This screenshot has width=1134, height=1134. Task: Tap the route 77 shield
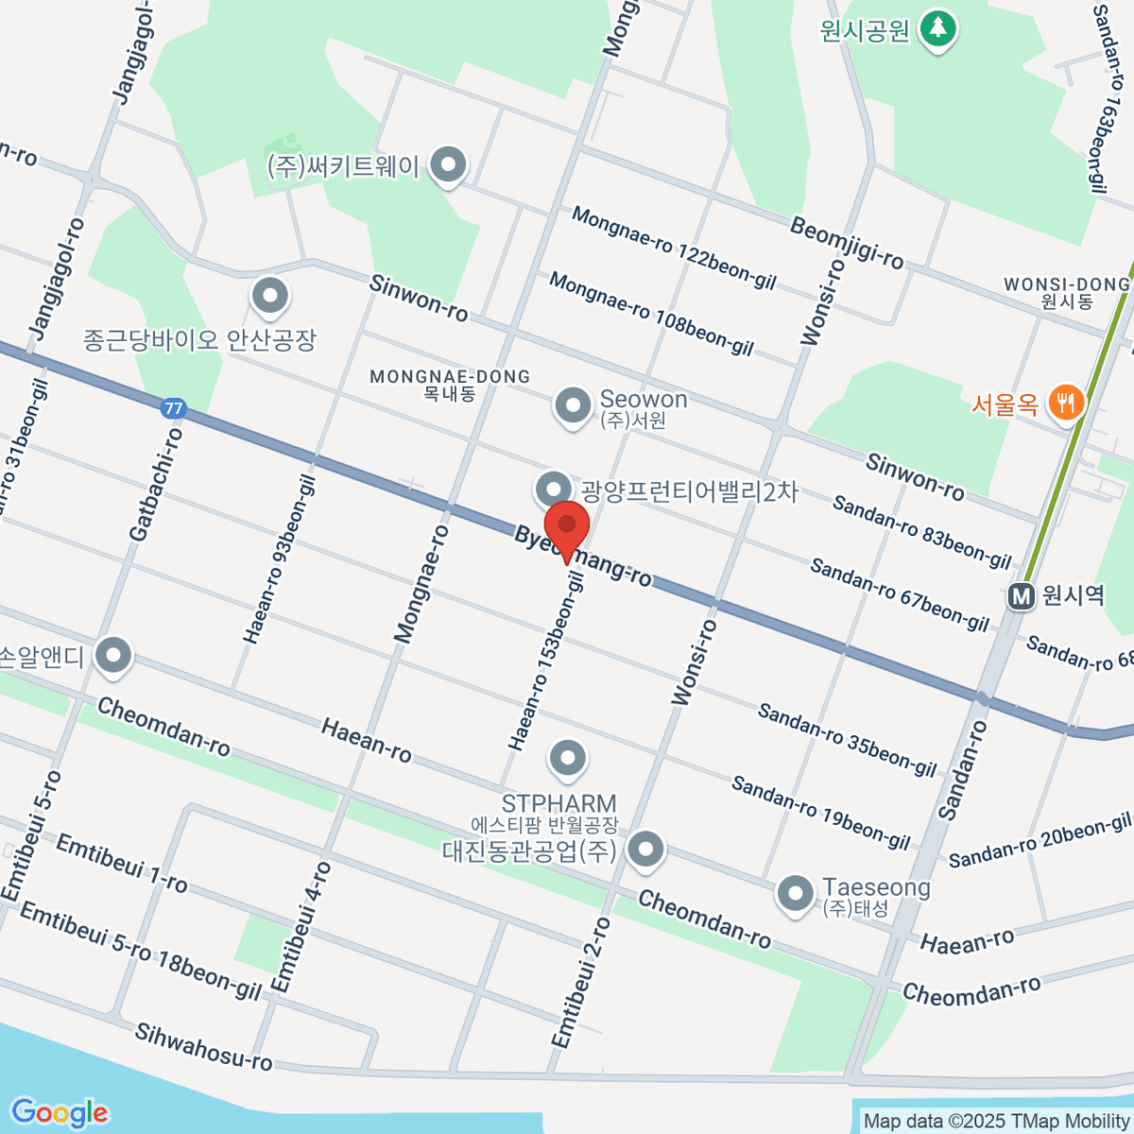(x=173, y=409)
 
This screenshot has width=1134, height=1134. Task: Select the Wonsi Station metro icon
(x=1021, y=596)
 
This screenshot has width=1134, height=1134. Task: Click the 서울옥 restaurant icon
(x=1067, y=404)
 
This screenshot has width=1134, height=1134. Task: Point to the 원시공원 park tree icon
(x=937, y=28)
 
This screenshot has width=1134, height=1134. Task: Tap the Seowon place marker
(x=572, y=406)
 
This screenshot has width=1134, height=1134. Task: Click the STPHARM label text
(x=558, y=804)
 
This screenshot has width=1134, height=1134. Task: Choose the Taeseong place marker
(x=795, y=893)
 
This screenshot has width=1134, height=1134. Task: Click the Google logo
(x=60, y=1113)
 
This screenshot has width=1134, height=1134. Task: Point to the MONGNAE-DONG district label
(x=450, y=377)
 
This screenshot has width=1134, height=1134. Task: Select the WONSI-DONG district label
(x=1067, y=284)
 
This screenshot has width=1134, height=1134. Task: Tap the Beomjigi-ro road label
(x=847, y=243)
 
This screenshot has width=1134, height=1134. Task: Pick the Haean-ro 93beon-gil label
(x=279, y=559)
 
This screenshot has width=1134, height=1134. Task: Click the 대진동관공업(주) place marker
(x=646, y=848)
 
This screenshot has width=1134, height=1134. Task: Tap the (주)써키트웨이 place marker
(x=448, y=166)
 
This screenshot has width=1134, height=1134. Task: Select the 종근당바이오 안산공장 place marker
(x=270, y=296)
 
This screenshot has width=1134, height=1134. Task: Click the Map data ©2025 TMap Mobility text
(x=997, y=1122)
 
